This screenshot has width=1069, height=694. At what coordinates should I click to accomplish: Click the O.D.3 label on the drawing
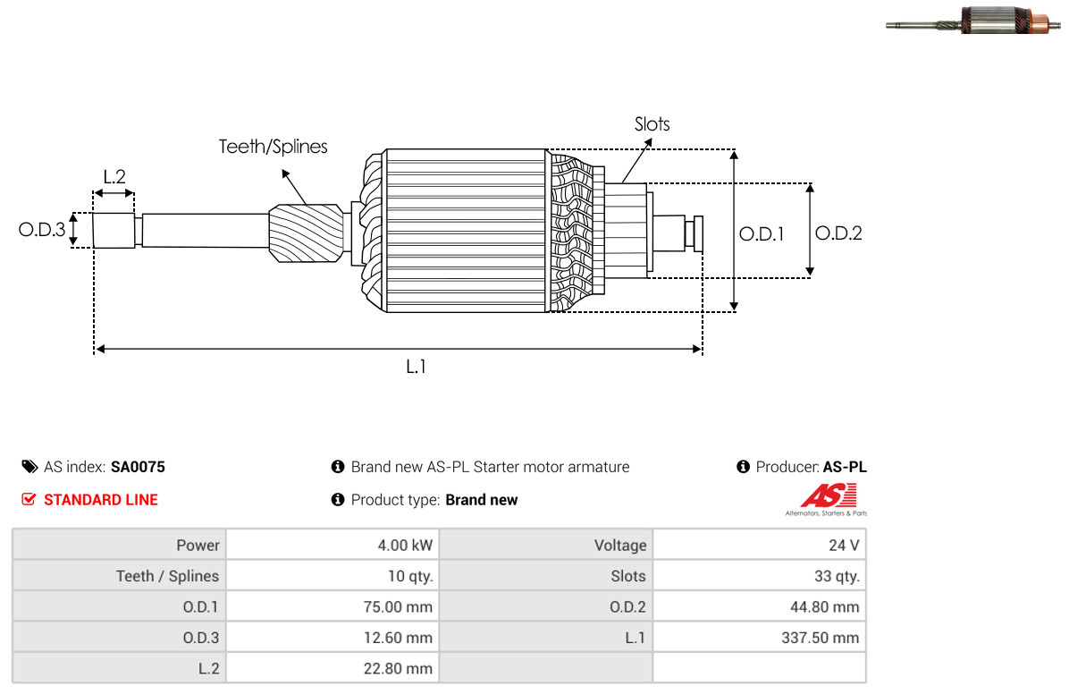(x=42, y=230)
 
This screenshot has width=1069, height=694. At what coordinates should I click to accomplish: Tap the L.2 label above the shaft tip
(x=114, y=177)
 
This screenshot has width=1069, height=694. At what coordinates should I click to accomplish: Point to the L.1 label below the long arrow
(x=416, y=368)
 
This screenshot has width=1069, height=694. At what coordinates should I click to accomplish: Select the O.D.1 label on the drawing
(x=762, y=234)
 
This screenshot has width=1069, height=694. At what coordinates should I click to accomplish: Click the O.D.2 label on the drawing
(x=838, y=233)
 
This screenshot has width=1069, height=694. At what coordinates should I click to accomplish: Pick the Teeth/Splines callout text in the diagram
(x=273, y=147)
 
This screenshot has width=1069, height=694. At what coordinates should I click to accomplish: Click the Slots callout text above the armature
(x=652, y=124)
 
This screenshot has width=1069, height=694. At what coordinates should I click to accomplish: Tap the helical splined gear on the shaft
(x=306, y=233)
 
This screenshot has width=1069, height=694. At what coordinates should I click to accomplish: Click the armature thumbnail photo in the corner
(x=973, y=21)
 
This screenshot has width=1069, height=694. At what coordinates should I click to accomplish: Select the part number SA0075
(x=138, y=467)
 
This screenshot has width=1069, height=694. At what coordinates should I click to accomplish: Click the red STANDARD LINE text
(x=101, y=500)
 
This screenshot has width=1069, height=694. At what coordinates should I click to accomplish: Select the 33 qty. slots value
(x=837, y=576)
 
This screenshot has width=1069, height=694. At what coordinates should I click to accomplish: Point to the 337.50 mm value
(x=821, y=638)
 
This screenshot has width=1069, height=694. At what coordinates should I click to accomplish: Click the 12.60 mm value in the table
(x=398, y=638)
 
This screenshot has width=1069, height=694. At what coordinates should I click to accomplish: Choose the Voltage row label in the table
(x=620, y=546)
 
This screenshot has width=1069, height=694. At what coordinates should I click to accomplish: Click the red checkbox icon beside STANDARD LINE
(x=29, y=500)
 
